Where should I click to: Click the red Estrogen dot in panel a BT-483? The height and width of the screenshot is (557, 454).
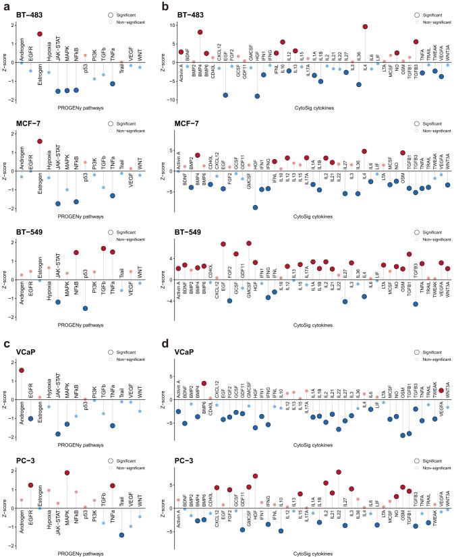coord(40,34)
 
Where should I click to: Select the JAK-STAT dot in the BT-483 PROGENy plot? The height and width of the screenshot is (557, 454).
coord(58,91)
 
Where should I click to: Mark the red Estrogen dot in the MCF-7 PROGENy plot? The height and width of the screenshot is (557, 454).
coord(40,142)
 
